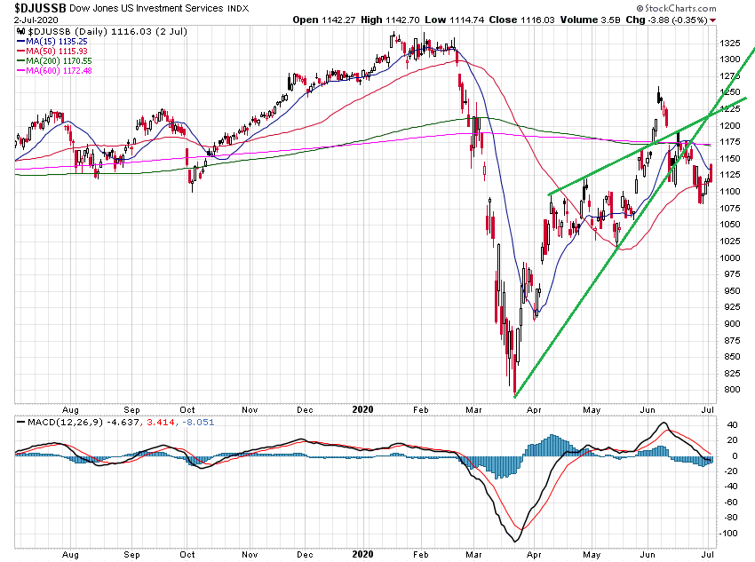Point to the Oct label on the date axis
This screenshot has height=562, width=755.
[187, 409]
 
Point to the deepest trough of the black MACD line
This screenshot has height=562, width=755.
[514, 541]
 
